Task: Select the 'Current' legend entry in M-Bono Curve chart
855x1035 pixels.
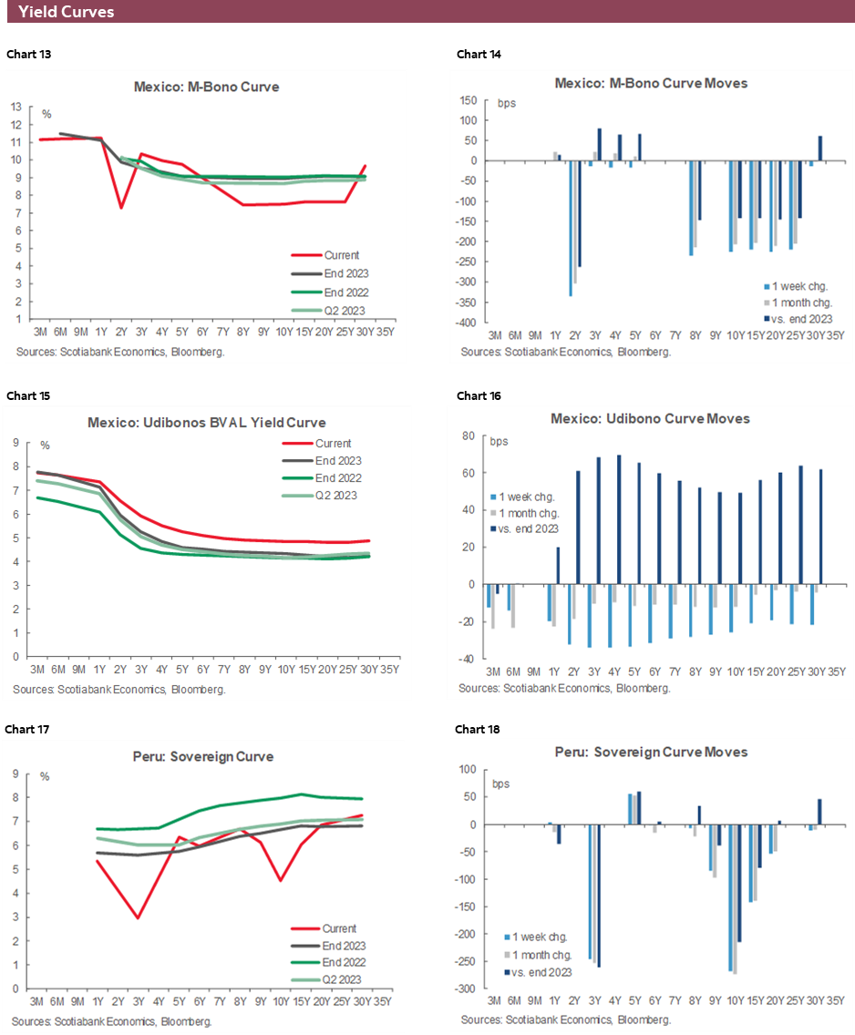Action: click(x=342, y=256)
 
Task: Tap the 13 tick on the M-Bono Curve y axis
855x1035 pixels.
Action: click(x=16, y=107)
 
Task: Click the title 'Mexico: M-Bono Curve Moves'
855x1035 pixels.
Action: click(x=651, y=83)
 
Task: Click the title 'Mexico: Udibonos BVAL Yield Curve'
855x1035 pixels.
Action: click(x=206, y=423)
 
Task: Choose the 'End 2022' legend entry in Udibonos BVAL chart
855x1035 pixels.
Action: click(x=338, y=478)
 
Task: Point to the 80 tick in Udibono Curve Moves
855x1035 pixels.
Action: click(x=470, y=436)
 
